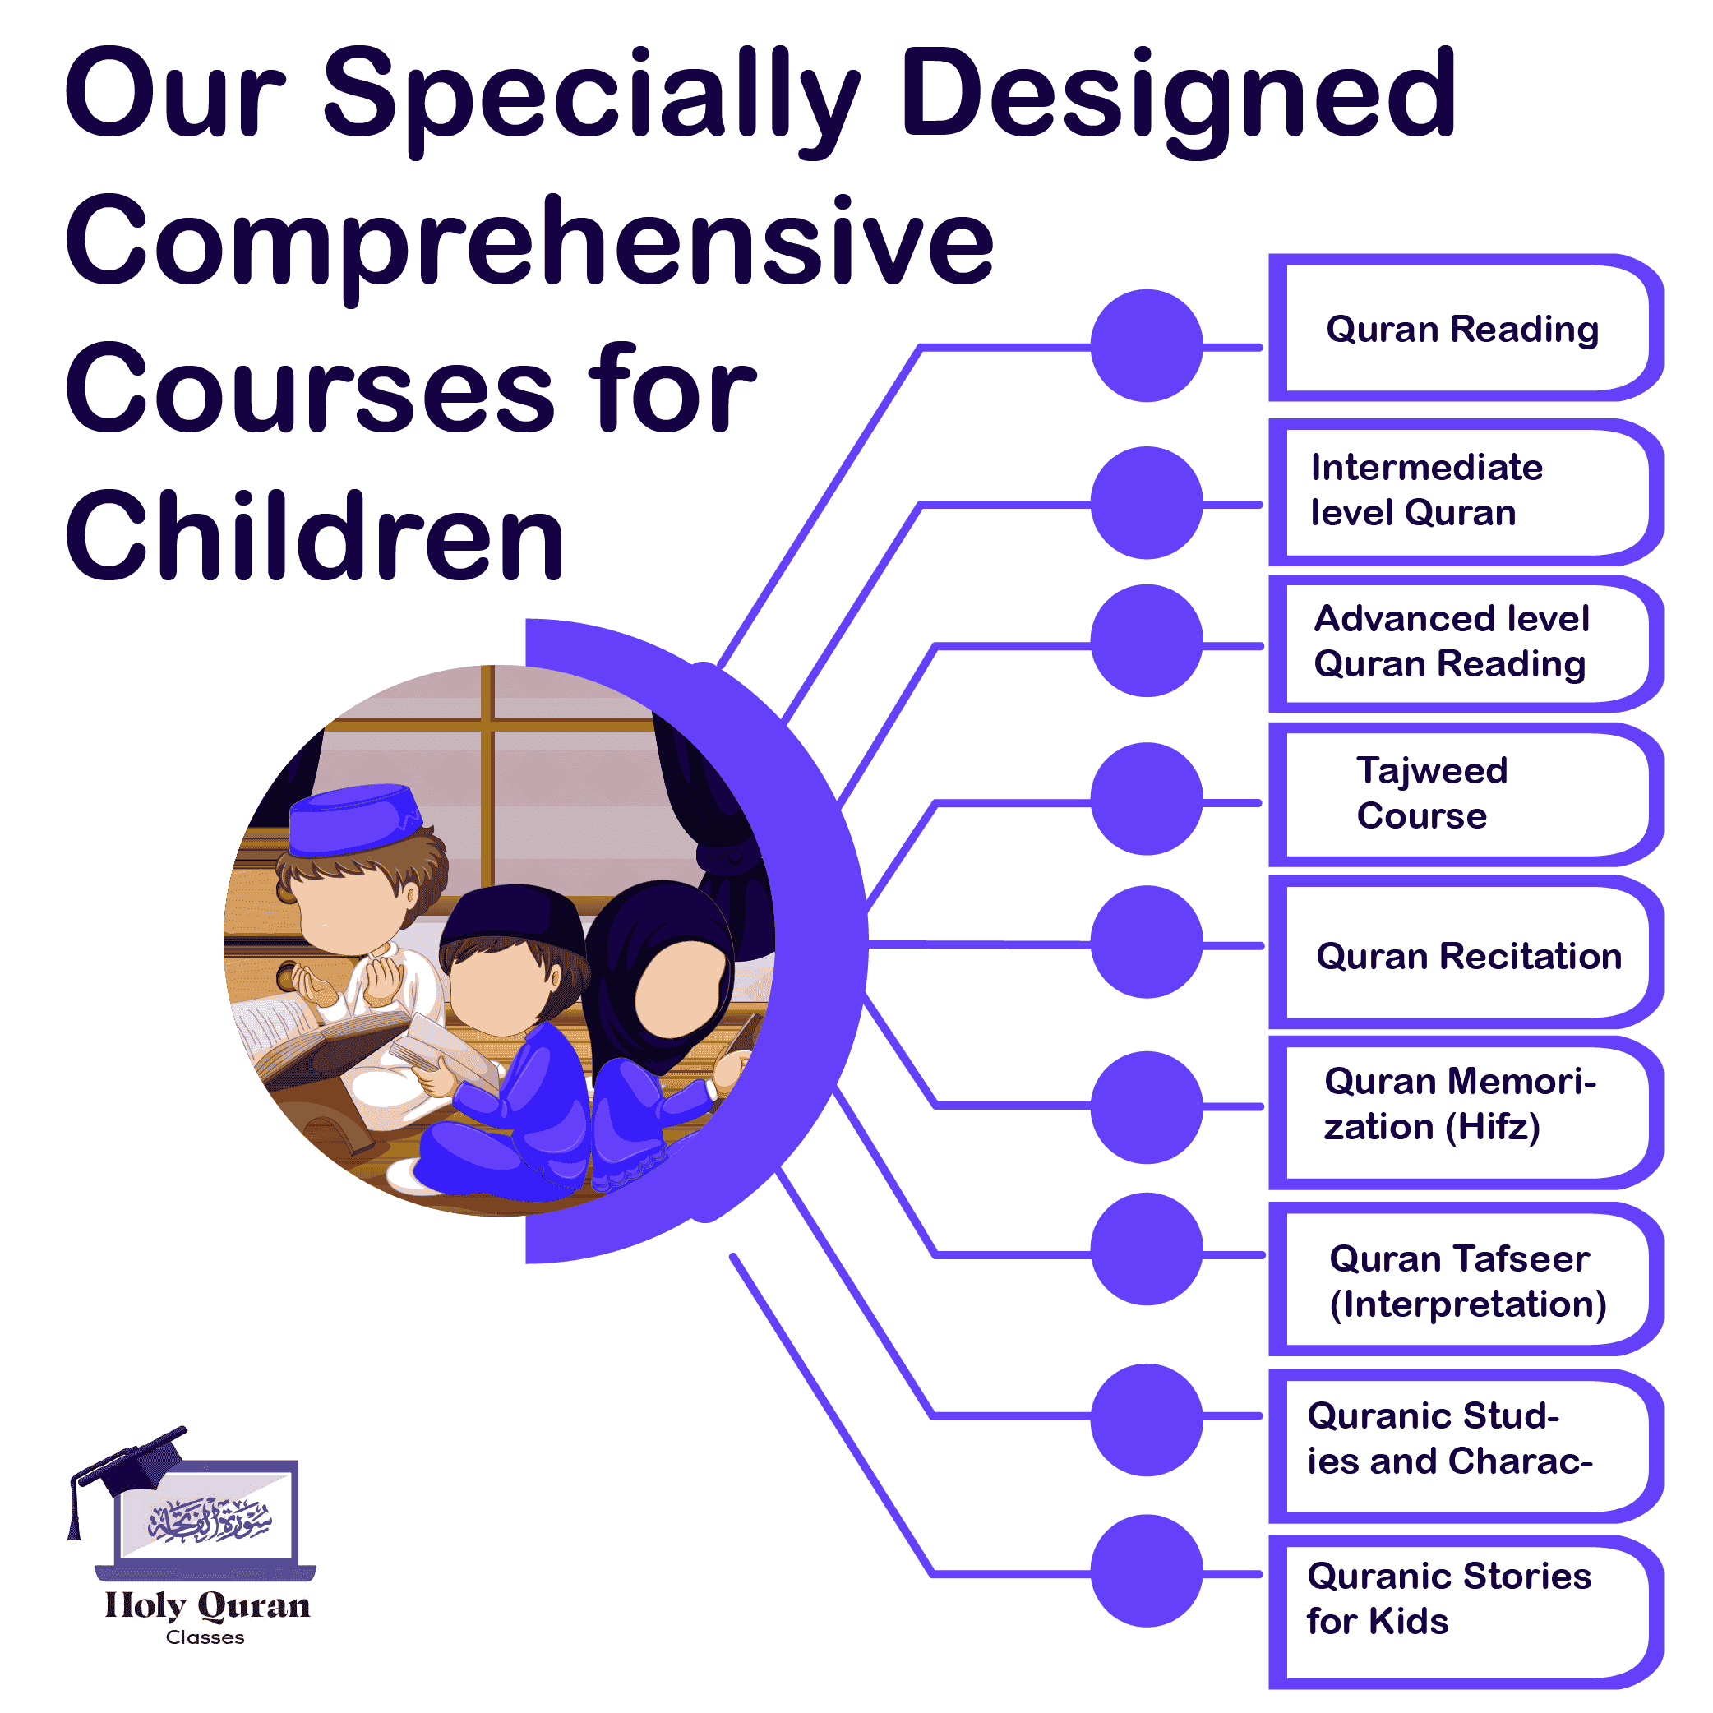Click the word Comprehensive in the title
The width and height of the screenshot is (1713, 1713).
click(529, 241)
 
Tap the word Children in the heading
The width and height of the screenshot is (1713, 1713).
click(315, 537)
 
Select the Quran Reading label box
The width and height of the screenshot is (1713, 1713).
click(1463, 329)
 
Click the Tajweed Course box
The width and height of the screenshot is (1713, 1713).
click(1463, 793)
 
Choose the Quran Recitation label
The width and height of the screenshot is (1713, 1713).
click(1467, 956)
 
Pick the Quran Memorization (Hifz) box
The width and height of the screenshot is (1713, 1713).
click(1463, 1104)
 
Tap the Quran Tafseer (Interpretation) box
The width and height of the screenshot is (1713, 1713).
click(1467, 1281)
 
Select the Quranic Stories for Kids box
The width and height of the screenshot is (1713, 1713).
click(1463, 1598)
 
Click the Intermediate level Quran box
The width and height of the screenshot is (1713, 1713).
click(1463, 491)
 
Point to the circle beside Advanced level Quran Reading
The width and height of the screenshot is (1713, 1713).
click(1147, 640)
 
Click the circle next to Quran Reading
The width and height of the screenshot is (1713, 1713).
click(1147, 345)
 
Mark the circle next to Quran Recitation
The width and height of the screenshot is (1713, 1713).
click(1147, 942)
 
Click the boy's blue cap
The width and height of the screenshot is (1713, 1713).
click(354, 818)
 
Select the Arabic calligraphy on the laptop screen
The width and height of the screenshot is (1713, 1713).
click(210, 1521)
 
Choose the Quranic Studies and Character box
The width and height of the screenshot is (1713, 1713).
click(1463, 1439)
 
